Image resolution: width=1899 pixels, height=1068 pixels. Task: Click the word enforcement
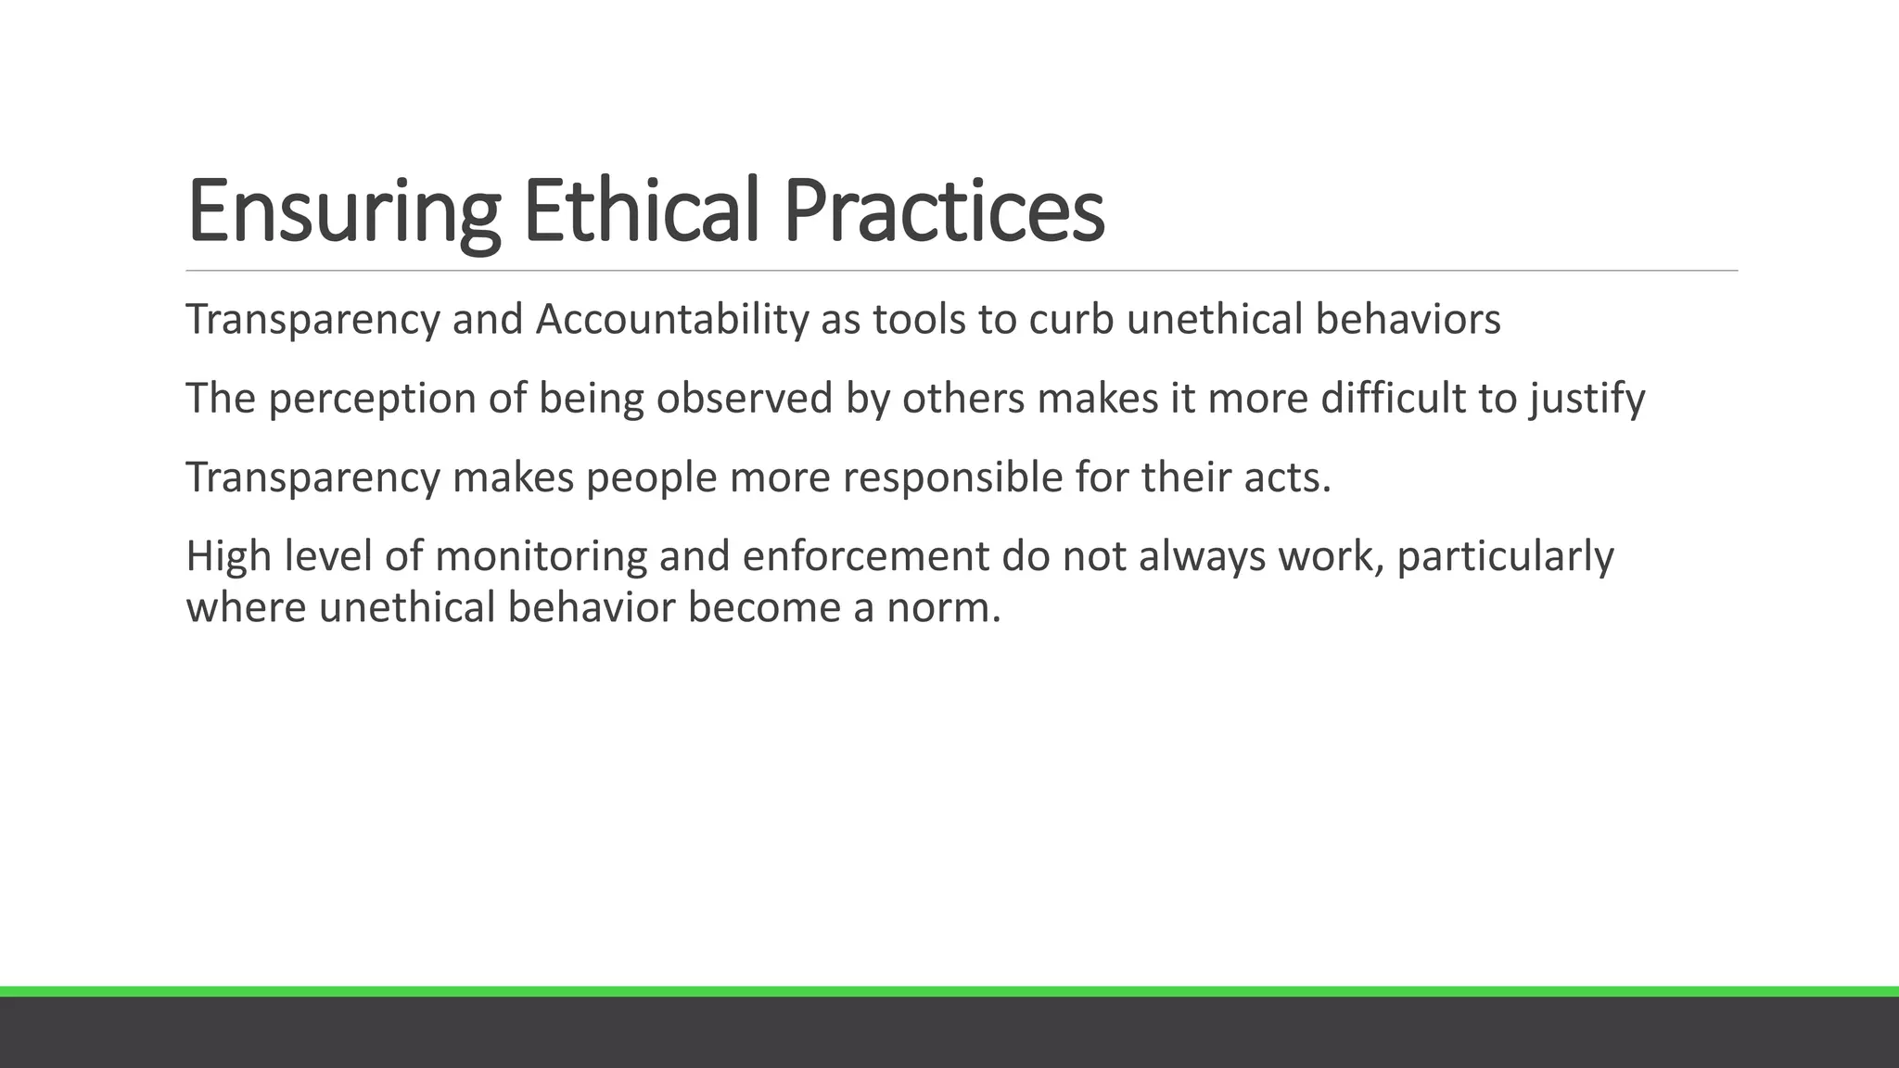click(865, 557)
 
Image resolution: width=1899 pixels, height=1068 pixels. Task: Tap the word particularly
click(1505, 557)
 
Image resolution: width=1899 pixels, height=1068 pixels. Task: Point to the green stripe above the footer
click(949, 991)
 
